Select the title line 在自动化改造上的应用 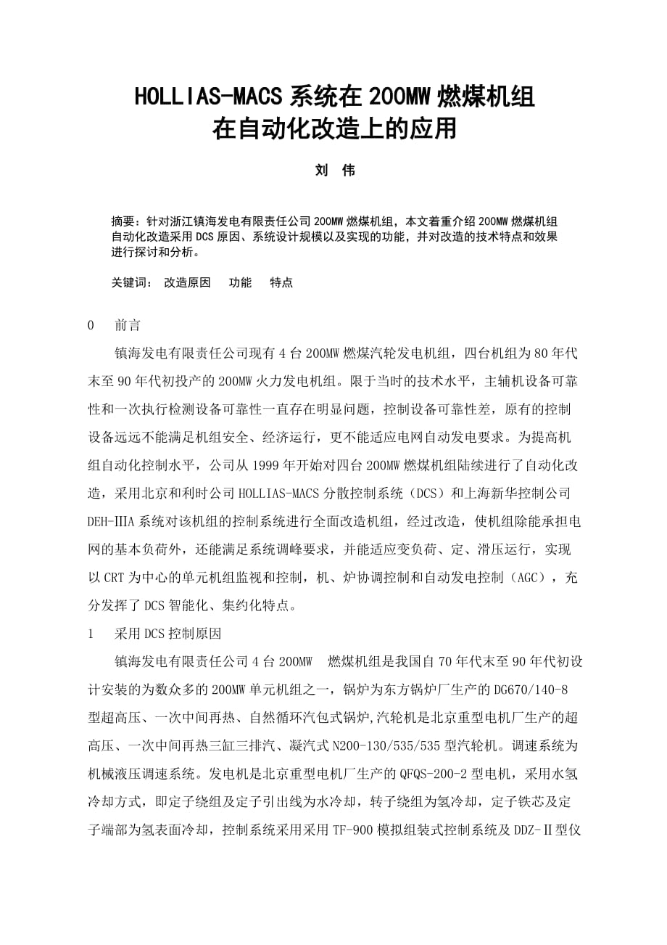(333, 129)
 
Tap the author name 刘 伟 (333, 171)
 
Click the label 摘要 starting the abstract (123, 221)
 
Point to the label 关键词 (128, 283)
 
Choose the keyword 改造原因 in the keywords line (187, 283)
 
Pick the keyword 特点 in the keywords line (281, 283)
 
